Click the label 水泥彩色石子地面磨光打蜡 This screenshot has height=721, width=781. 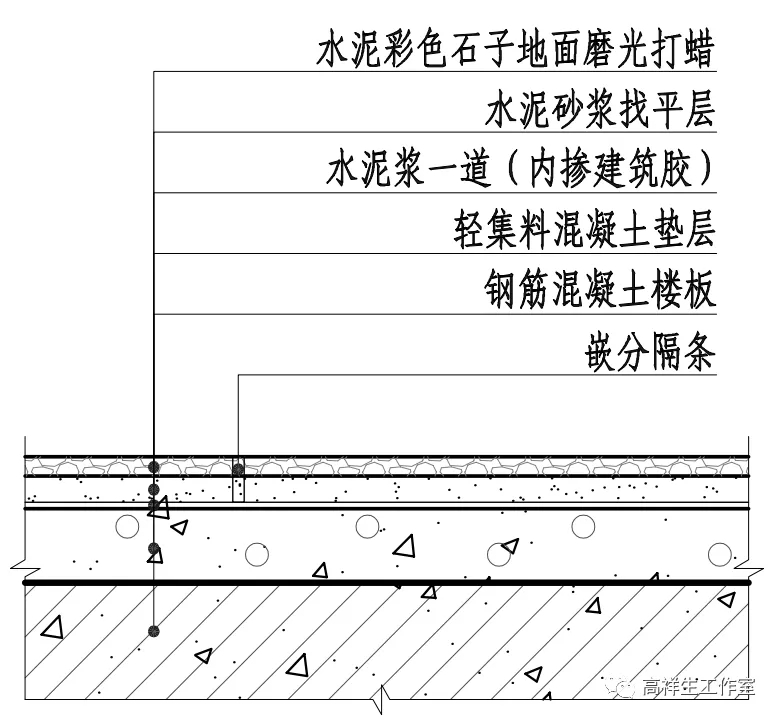click(515, 51)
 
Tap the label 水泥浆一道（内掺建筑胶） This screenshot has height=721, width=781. click(521, 170)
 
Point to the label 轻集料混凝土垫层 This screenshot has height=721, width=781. click(585, 231)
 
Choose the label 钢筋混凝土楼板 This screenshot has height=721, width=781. click(598, 292)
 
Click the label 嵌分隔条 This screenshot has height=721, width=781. click(651, 353)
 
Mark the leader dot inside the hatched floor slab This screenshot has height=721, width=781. click(153, 631)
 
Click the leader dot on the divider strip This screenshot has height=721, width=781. click(238, 468)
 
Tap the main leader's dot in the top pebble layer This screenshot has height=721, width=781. click(153, 467)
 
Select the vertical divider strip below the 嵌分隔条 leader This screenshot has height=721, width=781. click(238, 482)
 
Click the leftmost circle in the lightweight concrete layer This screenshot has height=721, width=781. click(126, 525)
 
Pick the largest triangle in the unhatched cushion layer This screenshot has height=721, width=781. click(404, 547)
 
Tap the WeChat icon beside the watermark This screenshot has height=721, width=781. click(623, 686)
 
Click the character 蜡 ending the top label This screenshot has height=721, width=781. click(700, 51)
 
